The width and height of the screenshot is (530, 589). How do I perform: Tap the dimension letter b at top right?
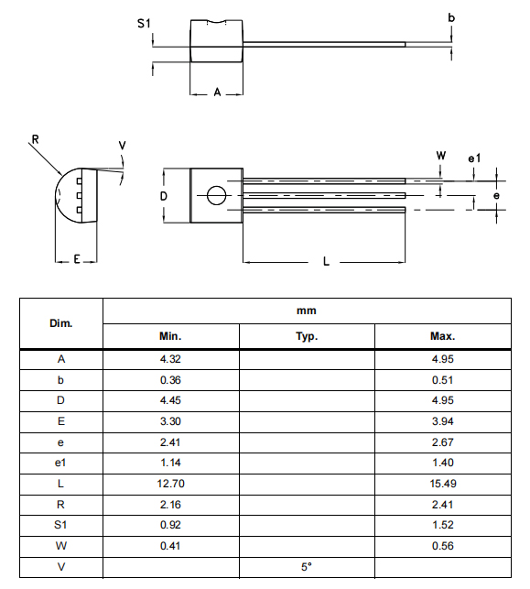coord(450,17)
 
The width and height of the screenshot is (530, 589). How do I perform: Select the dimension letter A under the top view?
coord(216,93)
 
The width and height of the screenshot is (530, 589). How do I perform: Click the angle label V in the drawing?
coord(123,146)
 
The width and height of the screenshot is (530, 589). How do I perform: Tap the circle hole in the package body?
coord(216,195)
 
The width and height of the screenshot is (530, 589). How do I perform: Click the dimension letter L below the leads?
coord(326,262)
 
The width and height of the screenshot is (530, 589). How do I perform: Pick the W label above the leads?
coord(441,157)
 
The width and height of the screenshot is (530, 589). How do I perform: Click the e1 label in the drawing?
coord(474,158)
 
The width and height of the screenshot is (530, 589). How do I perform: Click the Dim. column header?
coord(60,323)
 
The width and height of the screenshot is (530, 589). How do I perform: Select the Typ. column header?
coord(307,336)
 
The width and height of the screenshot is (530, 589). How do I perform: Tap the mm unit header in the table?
coord(307,311)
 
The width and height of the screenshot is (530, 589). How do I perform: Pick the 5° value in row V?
coord(307,565)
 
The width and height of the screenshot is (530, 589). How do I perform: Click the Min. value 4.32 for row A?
coord(170,359)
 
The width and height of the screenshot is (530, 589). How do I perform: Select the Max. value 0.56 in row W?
coord(442,544)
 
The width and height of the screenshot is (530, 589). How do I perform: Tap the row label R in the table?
coord(60,505)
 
